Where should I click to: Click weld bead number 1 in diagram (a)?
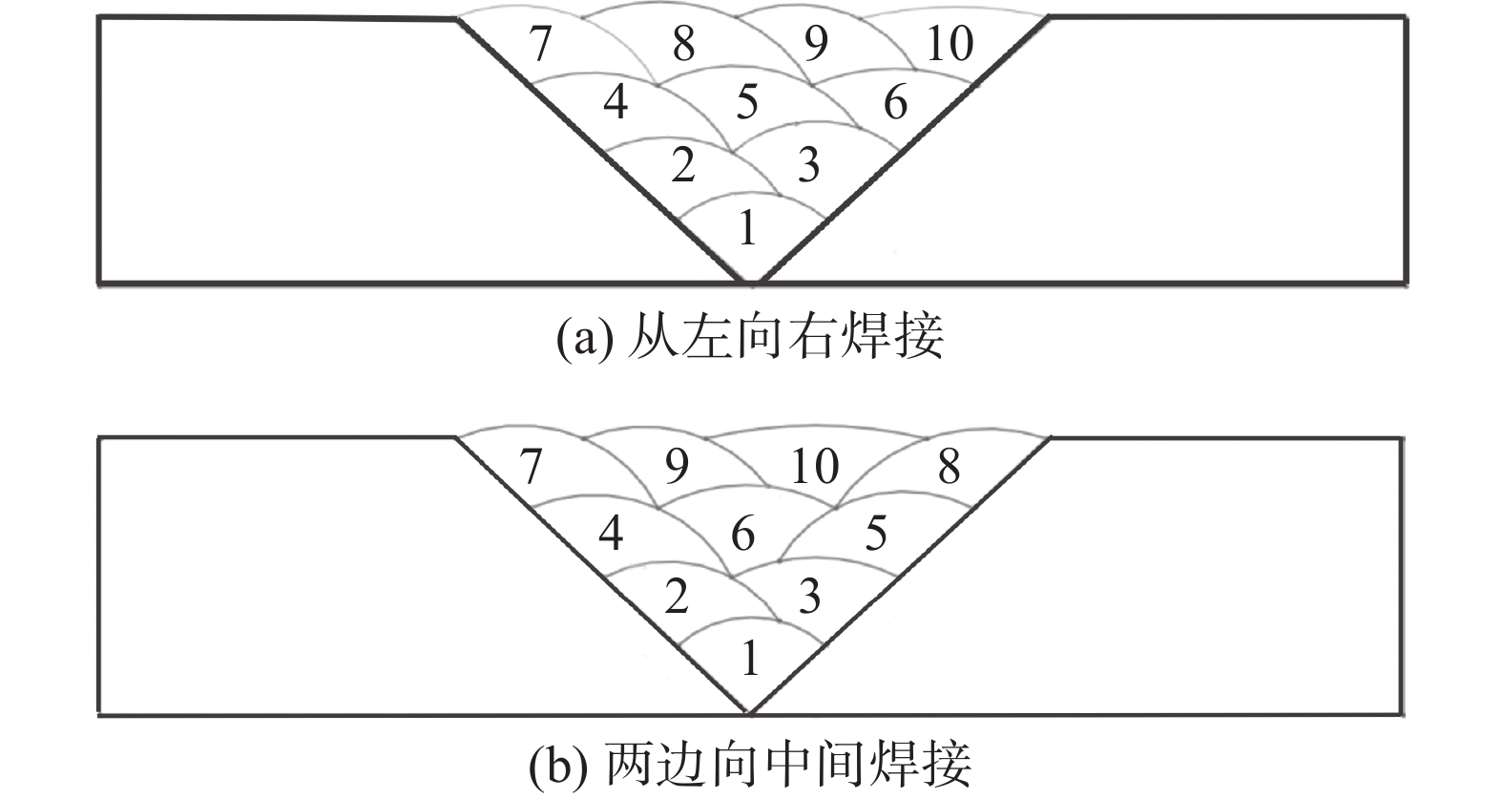pos(747,228)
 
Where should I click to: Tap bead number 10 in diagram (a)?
pos(950,44)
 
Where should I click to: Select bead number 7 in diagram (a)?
pos(541,44)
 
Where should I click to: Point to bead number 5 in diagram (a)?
pos(746,101)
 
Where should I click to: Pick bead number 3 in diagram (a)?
pos(808,165)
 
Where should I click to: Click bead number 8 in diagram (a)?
pos(683,44)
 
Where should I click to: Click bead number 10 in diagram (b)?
pos(815,467)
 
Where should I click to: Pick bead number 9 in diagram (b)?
pos(677,467)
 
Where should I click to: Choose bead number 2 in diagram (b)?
pos(677,598)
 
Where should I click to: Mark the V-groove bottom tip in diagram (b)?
pos(750,712)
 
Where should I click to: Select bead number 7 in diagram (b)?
pos(532,467)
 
